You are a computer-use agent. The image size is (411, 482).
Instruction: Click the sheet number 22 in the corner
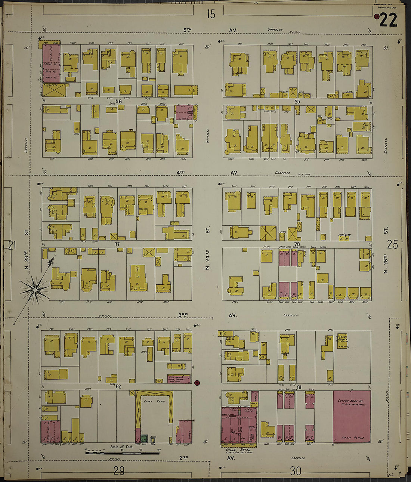point(388,20)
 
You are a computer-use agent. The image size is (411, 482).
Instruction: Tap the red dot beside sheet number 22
point(377,16)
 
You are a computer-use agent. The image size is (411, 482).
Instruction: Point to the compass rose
point(34,288)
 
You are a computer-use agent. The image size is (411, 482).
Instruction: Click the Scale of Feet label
point(122,447)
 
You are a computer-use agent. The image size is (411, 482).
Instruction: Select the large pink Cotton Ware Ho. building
point(352,416)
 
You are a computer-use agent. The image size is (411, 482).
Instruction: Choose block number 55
point(297,102)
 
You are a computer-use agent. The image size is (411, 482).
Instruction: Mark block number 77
point(117,244)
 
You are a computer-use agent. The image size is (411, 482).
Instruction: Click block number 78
point(297,244)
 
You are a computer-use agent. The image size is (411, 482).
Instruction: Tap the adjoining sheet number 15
point(211,14)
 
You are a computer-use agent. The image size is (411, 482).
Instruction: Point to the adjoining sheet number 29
point(118,471)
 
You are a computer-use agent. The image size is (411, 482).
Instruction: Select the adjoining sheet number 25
point(392,245)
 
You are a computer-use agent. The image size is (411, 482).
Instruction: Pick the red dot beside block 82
point(197,382)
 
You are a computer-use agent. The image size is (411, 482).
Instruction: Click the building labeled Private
point(54,90)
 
